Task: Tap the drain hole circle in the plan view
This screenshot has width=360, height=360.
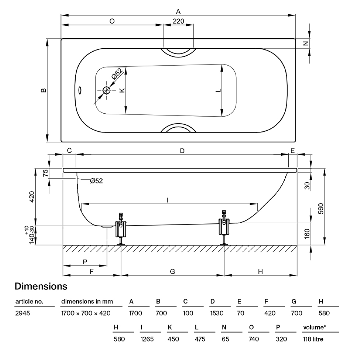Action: (x=107, y=90)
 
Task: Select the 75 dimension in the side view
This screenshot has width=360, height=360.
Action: (x=46, y=173)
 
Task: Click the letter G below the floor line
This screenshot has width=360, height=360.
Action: (x=172, y=271)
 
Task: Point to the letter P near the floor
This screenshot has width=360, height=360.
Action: (x=85, y=262)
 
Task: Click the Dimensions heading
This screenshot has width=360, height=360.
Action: (x=41, y=286)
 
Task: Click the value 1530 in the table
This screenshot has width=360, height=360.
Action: (x=217, y=313)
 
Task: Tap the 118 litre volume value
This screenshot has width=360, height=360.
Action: (x=313, y=339)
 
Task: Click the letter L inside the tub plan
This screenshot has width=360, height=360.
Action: (x=217, y=90)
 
